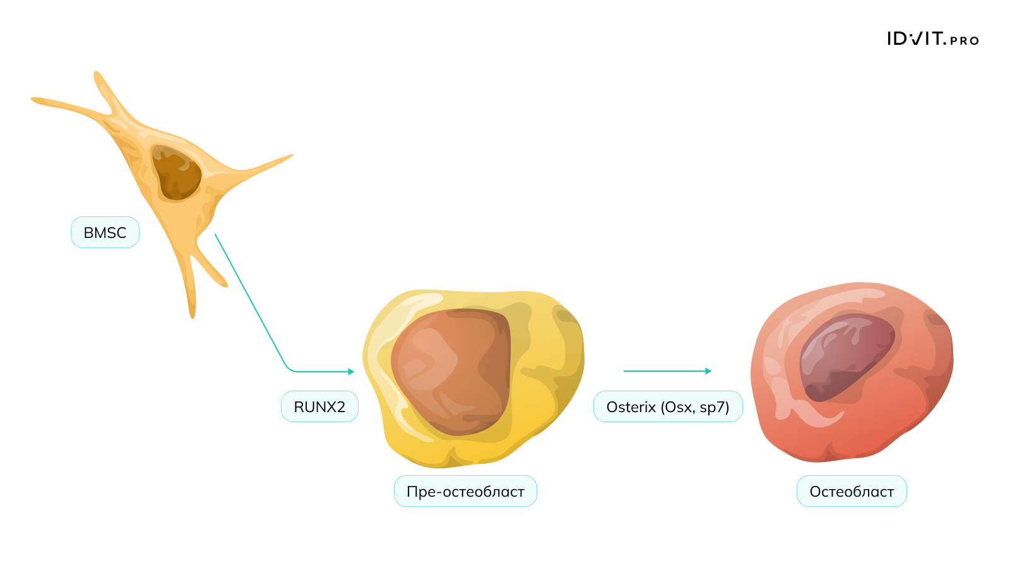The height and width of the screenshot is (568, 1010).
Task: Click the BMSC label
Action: (105, 233)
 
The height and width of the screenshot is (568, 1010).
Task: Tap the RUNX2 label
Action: (319, 406)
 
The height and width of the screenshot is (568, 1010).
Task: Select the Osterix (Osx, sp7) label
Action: (668, 406)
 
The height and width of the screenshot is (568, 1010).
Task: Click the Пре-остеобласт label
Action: (465, 491)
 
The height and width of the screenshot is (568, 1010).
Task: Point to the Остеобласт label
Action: (852, 491)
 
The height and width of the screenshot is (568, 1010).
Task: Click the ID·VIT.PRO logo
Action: (933, 38)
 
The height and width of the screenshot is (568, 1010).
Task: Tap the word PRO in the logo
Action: (965, 40)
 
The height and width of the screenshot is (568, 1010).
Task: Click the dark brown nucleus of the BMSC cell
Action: (176, 172)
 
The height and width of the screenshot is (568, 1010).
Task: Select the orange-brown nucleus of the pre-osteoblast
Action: (451, 372)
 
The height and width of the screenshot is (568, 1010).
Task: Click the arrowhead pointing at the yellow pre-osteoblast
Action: (351, 372)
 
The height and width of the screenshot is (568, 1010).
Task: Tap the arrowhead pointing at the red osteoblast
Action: (708, 371)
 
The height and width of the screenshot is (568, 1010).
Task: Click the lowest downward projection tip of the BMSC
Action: (193, 316)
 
